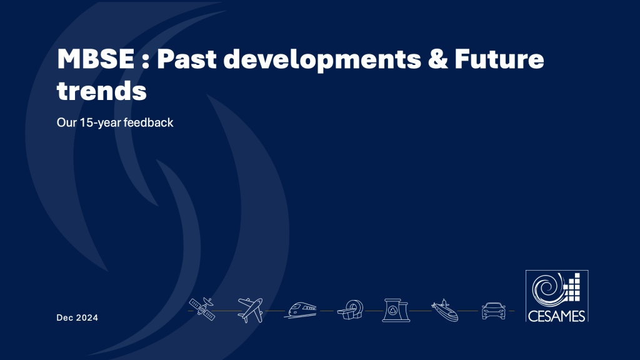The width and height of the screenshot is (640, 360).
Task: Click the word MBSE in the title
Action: pyautogui.click(x=96, y=59)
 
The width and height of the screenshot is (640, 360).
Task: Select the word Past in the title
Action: pyautogui.click(x=187, y=59)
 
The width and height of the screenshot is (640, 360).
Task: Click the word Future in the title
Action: pyautogui.click(x=499, y=59)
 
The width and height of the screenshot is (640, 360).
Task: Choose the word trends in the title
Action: pyautogui.click(x=102, y=90)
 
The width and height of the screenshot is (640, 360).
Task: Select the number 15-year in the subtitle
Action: pyautogui.click(x=101, y=122)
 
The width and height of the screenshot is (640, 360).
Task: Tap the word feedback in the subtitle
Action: pyautogui.click(x=149, y=122)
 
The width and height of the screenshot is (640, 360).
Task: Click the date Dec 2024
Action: pyautogui.click(x=77, y=317)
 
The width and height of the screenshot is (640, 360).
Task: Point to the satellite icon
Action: pyautogui.click(x=202, y=309)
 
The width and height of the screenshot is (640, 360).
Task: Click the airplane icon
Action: pyautogui.click(x=250, y=310)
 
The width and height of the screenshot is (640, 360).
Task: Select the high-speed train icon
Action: pyautogui.click(x=302, y=310)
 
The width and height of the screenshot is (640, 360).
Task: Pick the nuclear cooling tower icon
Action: pyautogui.click(x=396, y=310)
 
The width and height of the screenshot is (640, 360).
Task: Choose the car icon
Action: pyautogui.click(x=494, y=311)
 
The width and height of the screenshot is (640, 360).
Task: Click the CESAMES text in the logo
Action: pyautogui.click(x=557, y=316)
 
